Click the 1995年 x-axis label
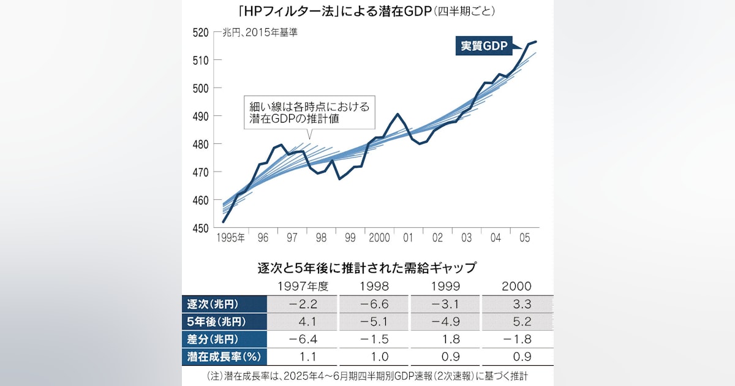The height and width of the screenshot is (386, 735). pyautogui.click(x=230, y=237)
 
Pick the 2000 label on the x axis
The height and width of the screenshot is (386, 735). pyautogui.click(x=379, y=237)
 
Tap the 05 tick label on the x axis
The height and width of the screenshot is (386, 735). pyautogui.click(x=525, y=237)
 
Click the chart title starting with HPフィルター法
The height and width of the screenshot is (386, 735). pyautogui.click(x=367, y=11)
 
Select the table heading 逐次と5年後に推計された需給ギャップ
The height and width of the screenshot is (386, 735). pyautogui.click(x=367, y=268)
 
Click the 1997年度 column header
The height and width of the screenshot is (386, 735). pyautogui.click(x=302, y=286)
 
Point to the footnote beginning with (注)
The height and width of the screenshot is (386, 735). pyautogui.click(x=367, y=374)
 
